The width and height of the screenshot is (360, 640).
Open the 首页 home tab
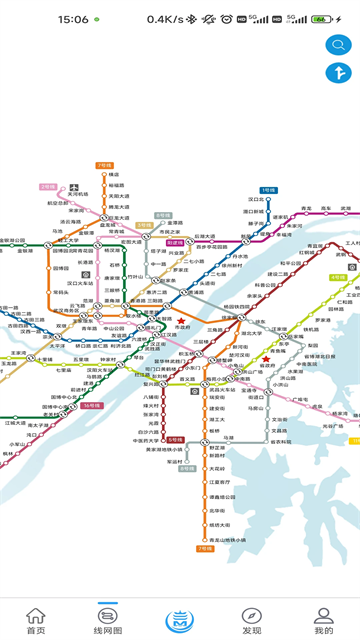(36, 620)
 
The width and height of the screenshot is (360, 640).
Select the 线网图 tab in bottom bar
(108, 620)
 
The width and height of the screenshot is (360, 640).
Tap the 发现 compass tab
(251, 620)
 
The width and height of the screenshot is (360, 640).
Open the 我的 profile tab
(323, 620)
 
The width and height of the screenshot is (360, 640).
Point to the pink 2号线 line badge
(48, 186)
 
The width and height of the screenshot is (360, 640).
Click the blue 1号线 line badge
(268, 189)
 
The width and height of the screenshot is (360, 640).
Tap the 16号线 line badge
(92, 405)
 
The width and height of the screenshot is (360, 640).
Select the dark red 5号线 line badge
(175, 439)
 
